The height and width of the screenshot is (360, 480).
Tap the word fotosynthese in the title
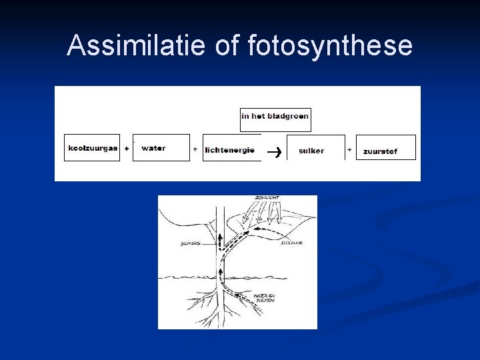[330, 46]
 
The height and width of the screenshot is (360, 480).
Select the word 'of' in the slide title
[227, 46]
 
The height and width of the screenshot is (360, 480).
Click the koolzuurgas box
[92, 148]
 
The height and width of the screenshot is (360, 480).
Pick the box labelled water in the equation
[161, 148]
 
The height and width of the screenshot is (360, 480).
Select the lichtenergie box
[229, 149]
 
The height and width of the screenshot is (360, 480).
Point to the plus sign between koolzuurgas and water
[127, 149]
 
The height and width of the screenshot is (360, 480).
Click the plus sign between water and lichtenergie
[195, 149]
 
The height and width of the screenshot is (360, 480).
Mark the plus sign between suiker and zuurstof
[349, 150]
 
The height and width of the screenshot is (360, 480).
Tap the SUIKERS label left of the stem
[191, 244]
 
